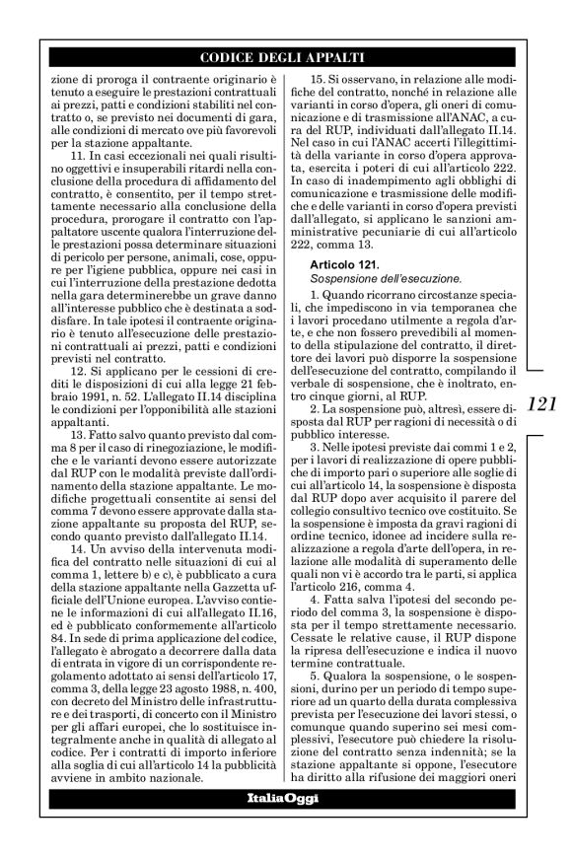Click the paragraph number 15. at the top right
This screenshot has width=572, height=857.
320,77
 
